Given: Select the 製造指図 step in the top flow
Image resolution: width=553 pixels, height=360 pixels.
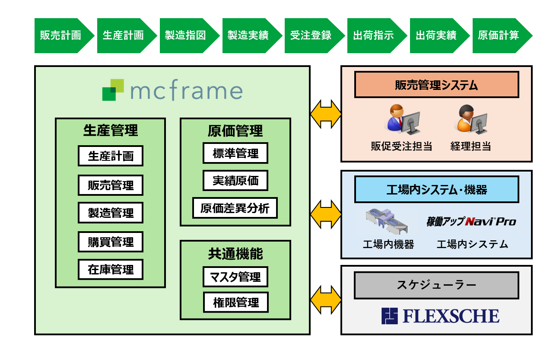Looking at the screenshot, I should pos(186,35).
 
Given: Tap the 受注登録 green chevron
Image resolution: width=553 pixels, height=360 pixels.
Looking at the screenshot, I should pos(311,35).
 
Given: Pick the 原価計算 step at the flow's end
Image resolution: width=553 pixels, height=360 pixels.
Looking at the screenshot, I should pos(499,35).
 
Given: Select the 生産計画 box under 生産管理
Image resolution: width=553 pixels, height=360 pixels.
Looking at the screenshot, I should pos(111,156).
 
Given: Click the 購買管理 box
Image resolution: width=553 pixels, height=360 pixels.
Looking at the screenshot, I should pos(111,242).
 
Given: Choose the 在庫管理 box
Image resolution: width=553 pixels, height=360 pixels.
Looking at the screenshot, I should pos(111,270).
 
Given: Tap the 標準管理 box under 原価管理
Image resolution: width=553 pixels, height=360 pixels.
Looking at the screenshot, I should pos(235,153).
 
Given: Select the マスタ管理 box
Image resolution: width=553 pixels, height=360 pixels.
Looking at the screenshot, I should pos(235,277).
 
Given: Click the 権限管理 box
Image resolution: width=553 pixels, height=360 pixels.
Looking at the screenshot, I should pos(236,303).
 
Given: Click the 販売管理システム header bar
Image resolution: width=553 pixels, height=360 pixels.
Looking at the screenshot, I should pos(436,85).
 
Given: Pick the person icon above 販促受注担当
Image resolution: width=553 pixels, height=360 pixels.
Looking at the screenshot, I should pos(401,119).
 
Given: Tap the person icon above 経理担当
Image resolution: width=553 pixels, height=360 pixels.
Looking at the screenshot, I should pos(470,119).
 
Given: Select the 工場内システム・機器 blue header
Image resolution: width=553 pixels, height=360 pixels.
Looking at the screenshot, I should pos(436,189).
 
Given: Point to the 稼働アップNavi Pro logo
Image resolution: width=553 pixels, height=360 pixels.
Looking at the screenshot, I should pos(471,222).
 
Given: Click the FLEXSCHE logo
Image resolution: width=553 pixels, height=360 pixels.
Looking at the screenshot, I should pos(440,316).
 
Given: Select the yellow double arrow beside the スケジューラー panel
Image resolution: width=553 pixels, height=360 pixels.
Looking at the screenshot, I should pos(326,299).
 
